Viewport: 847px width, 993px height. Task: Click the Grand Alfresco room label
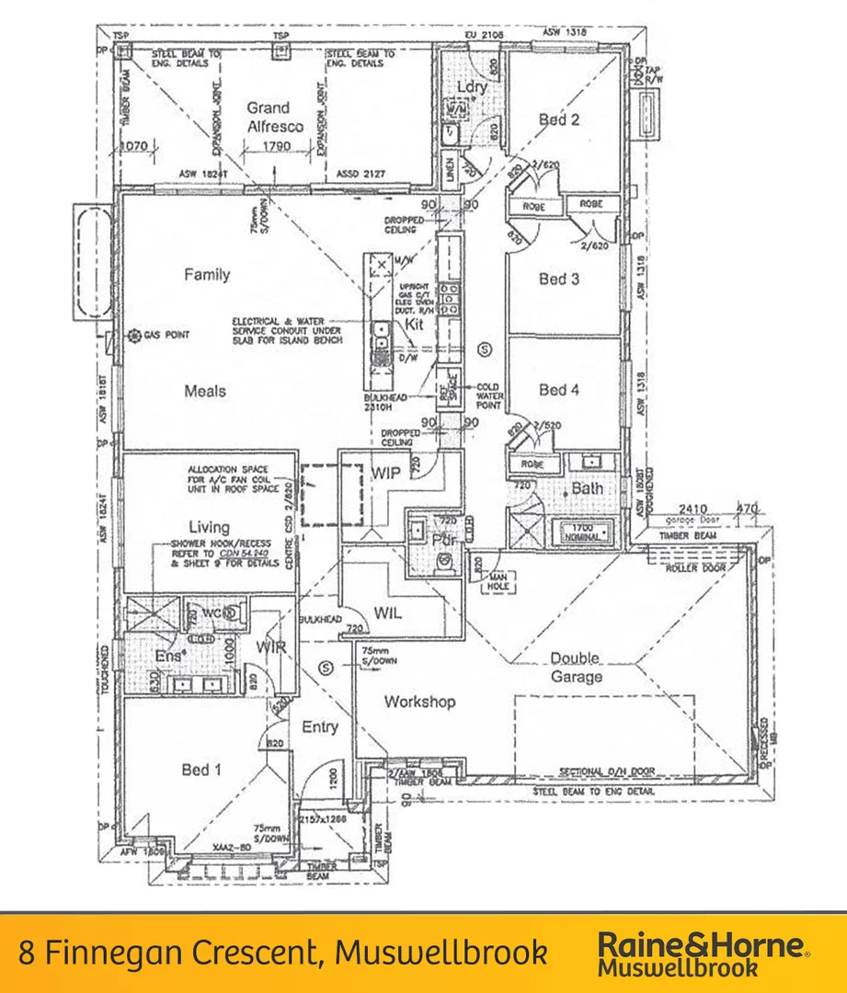(268, 117)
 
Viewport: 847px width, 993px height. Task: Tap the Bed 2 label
(559, 119)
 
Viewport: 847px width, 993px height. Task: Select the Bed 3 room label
(559, 279)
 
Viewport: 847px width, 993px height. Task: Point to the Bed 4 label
(559, 390)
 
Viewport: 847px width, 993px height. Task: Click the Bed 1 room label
(195, 769)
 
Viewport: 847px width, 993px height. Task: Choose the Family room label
(207, 274)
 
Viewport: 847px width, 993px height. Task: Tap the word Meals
(205, 391)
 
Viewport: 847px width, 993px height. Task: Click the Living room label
(209, 527)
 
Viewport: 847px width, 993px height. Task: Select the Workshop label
(419, 702)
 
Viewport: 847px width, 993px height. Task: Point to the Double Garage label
(576, 668)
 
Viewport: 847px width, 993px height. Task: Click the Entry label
(320, 727)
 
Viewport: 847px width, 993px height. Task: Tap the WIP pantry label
(385, 472)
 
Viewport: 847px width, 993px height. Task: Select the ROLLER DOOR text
(696, 568)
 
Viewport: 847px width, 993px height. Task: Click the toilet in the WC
(235, 611)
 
